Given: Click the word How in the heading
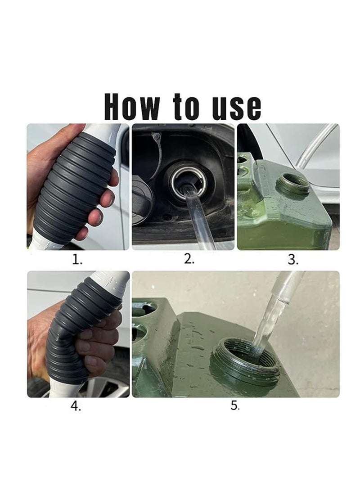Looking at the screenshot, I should tap(131, 107).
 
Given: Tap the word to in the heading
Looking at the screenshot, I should tap(185, 107).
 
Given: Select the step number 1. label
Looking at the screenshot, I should tap(77, 260).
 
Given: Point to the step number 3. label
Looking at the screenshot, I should tap(293, 260).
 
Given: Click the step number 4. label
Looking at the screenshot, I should tap(76, 406).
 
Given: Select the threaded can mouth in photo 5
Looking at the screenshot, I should tap(245, 360).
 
